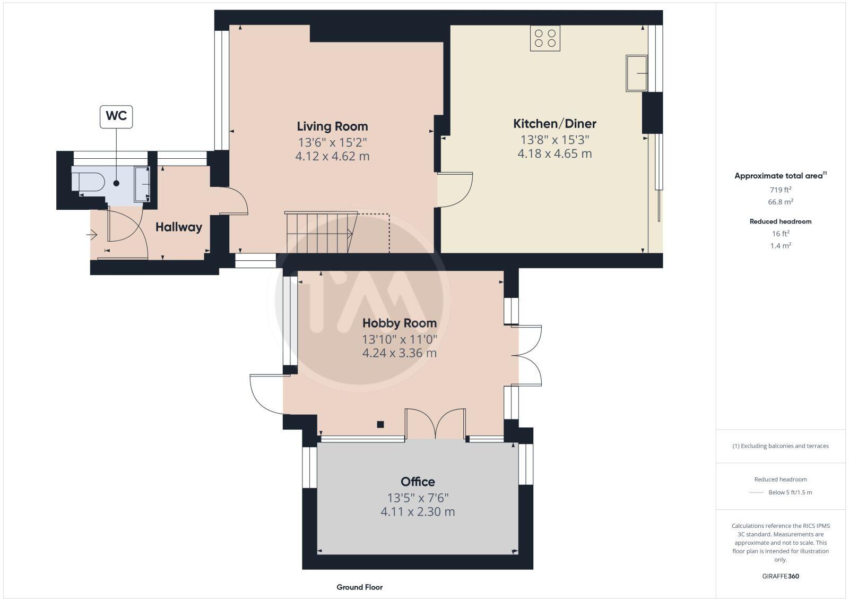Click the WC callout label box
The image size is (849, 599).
(116, 116)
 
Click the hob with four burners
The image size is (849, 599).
(545, 38)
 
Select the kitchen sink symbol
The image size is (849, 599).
(637, 73)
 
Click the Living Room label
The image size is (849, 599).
(332, 126)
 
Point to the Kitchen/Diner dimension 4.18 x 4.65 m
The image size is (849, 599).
(555, 154)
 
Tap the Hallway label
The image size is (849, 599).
(179, 227)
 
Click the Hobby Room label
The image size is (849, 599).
(400, 323)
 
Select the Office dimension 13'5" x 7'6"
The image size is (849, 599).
(418, 498)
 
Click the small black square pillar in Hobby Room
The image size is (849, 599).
(380, 424)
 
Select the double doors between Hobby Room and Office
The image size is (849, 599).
(436, 424)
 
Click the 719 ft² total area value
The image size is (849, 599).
(781, 190)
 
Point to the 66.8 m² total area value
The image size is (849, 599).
(781, 202)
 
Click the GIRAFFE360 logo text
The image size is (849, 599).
(780, 576)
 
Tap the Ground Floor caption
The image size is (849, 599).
(359, 587)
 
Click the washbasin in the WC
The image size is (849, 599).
(142, 184)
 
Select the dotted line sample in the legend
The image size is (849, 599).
(756, 493)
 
